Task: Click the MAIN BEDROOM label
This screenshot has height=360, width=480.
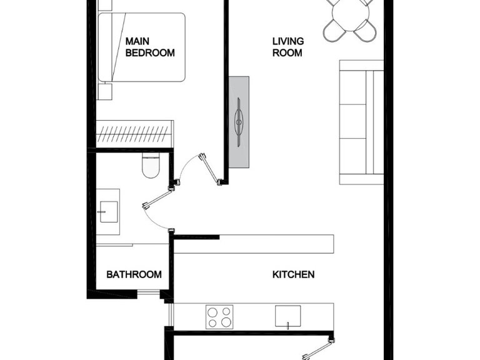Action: [150, 47]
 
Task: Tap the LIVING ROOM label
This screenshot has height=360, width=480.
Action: [287, 47]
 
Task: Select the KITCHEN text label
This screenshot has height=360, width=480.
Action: [293, 274]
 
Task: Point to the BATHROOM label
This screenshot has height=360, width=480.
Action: [134, 274]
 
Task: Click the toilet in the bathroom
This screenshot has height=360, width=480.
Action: [150, 165]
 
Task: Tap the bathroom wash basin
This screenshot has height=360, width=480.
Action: [107, 211]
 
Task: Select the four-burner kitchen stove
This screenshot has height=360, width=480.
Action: [219, 316]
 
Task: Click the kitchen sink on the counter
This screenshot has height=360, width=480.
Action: [289, 316]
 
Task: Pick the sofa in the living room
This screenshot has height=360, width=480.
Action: [361, 122]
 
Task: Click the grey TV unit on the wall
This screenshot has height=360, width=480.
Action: [239, 122]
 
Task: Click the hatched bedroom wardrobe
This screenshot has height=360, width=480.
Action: [134, 134]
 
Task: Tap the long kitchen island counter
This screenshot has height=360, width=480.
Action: [253, 244]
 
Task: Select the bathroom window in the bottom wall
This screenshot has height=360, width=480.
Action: [149, 292]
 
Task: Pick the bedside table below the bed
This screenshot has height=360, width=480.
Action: [104, 92]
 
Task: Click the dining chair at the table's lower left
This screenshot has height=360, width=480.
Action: [334, 30]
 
